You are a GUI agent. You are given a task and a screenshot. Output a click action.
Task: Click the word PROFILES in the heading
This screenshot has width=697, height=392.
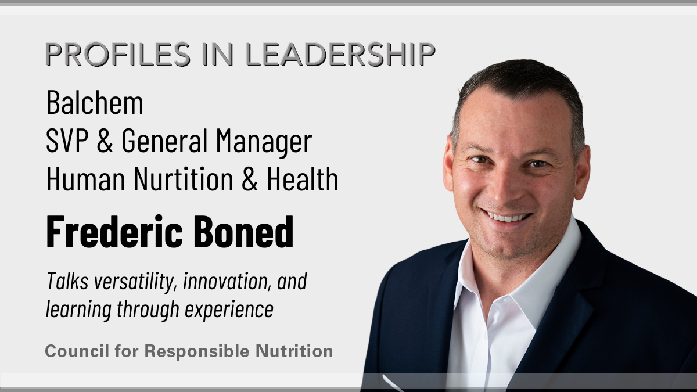click(118, 54)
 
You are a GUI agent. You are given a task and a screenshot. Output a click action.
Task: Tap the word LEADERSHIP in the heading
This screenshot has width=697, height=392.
click(340, 54)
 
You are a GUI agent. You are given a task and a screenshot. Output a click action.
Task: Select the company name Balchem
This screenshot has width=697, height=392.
click(95, 103)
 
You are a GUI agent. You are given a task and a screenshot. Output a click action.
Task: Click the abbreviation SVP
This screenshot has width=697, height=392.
click(67, 140)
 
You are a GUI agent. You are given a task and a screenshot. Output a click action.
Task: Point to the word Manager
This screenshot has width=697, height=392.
click(264, 142)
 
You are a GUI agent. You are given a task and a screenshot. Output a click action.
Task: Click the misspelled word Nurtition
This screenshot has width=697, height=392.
click(184, 178)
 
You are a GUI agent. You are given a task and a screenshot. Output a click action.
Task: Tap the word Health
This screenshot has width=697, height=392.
click(303, 178)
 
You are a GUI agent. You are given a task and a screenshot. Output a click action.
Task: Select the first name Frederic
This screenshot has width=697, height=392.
click(114, 231)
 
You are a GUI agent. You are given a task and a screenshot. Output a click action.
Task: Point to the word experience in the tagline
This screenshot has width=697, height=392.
click(229, 310)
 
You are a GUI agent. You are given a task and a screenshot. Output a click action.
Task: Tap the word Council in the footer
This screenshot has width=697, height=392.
click(77, 351)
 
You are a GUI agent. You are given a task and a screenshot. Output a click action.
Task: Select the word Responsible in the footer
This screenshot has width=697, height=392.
click(197, 351)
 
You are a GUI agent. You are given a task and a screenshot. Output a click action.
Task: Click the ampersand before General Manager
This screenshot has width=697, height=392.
click(105, 141)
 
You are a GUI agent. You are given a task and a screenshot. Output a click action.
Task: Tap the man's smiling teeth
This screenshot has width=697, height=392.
click(506, 217)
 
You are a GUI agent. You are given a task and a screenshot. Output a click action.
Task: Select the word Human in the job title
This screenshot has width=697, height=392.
click(85, 178)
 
